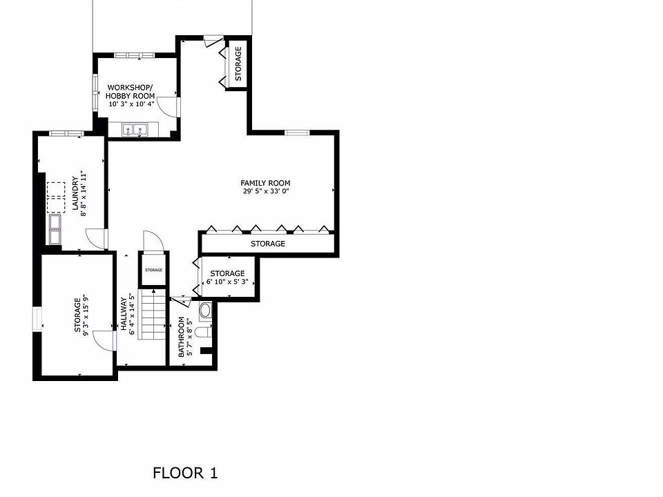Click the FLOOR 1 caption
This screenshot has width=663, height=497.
tap(185, 473)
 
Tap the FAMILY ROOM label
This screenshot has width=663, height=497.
tap(265, 183)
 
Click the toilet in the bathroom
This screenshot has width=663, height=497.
tap(202, 332)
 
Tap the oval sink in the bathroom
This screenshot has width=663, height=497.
tap(205, 310)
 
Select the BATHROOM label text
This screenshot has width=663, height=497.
tap(182, 337)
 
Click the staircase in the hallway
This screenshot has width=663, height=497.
tap(153, 315)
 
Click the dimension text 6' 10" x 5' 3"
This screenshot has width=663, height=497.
tap(227, 282)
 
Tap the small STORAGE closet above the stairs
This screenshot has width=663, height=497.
tap(153, 270)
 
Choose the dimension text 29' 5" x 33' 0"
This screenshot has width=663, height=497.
tap(265, 191)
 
